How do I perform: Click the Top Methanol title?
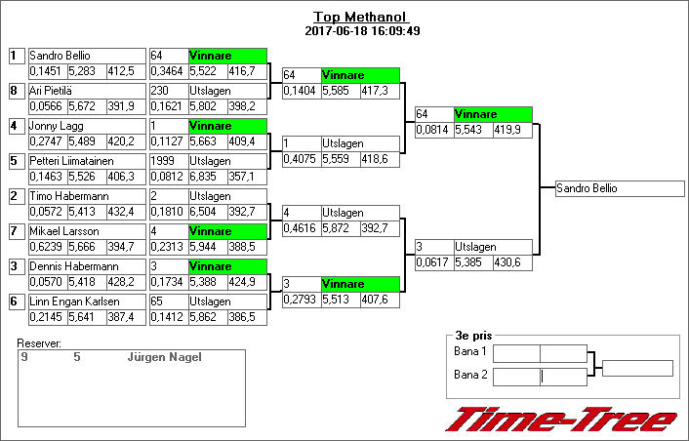point(361,18)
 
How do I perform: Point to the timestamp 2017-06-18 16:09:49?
point(362,31)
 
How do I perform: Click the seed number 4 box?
point(17,126)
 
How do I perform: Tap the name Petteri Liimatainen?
point(71,161)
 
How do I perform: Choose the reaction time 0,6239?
point(46,247)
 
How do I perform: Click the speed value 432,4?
point(121,212)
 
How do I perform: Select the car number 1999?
point(163,161)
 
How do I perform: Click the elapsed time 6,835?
point(203,177)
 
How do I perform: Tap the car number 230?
point(159,91)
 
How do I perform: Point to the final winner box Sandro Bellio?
point(620,188)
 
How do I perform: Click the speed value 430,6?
point(507,262)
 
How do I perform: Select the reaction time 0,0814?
point(432,130)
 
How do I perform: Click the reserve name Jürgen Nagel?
point(165,357)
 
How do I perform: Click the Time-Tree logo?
point(561,420)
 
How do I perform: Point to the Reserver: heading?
point(39,343)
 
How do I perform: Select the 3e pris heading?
point(473,336)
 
